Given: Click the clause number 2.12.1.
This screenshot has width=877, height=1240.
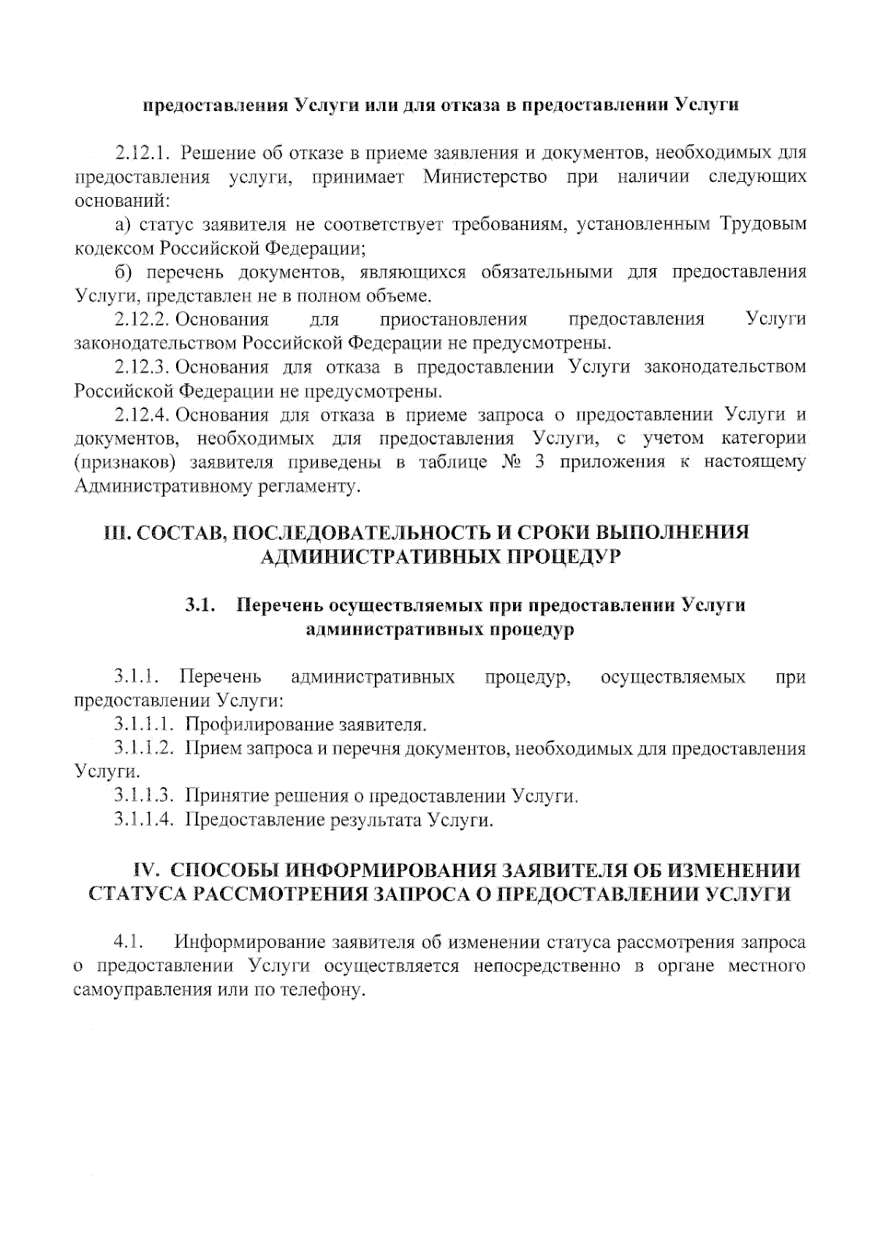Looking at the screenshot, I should click(143, 153).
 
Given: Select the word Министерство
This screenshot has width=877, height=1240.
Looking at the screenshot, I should click(485, 177).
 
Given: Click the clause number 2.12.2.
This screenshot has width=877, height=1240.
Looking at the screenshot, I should click(143, 320).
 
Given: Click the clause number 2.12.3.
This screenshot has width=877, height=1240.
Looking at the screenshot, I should click(143, 367).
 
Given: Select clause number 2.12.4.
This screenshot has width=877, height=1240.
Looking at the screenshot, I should click(143, 415).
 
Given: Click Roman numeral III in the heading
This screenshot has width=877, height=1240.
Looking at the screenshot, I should click(115, 532).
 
